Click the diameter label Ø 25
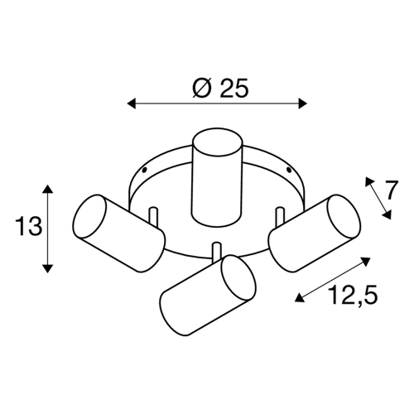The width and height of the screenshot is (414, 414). [220, 88]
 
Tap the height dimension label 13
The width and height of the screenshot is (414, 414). [29, 226]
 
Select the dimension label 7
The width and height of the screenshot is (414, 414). [392, 190]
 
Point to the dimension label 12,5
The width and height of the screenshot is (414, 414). [354, 295]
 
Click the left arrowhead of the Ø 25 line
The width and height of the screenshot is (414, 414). [132, 103]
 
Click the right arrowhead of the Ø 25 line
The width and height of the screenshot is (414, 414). [302, 103]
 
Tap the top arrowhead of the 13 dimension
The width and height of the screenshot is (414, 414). [48, 189]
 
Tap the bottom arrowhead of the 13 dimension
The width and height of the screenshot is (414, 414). [48, 268]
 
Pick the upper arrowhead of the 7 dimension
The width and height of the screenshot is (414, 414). [368, 181]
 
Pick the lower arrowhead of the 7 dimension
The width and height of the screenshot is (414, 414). [388, 215]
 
